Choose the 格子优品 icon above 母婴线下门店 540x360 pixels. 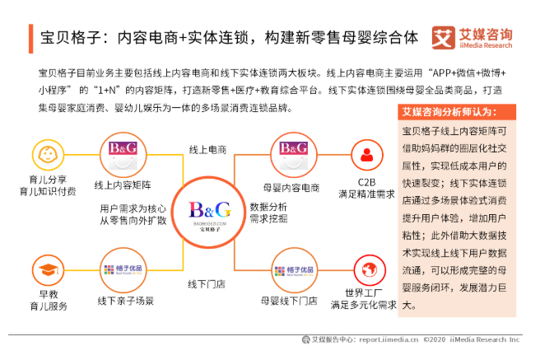pyautogui.click(x=291, y=270)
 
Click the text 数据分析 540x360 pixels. pyautogui.click(x=268, y=207)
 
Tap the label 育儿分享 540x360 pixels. pyautogui.click(x=47, y=179)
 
